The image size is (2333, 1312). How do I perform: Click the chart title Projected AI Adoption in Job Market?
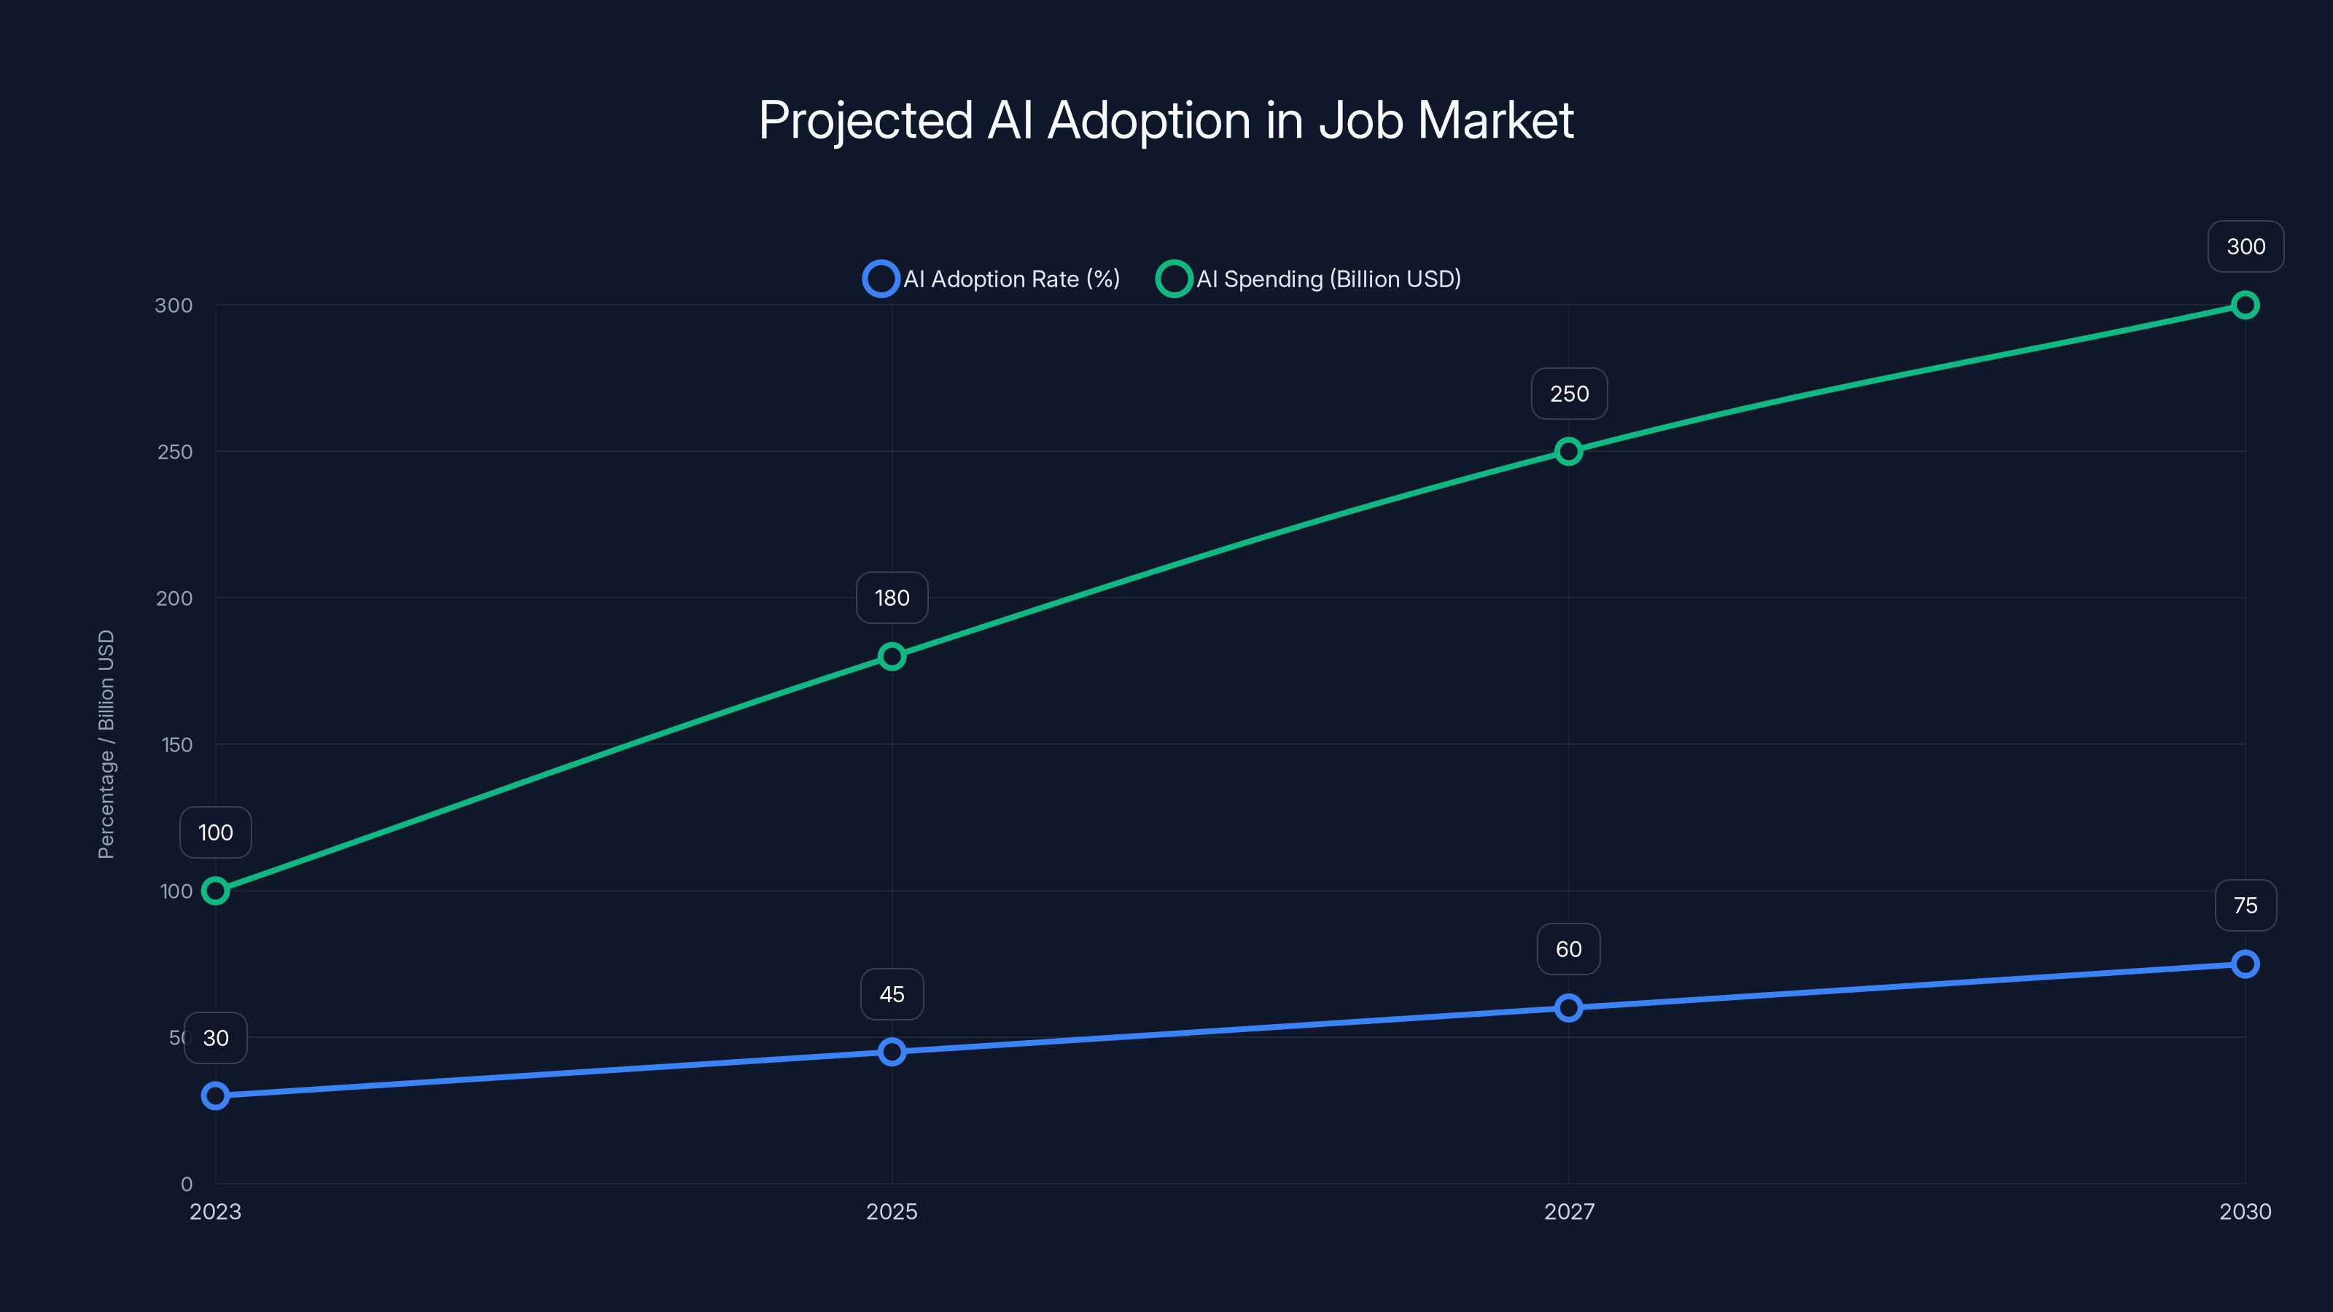pos(1166,120)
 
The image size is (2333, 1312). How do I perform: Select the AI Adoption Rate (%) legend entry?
pos(992,279)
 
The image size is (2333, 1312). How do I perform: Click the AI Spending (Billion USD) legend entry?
pos(1309,279)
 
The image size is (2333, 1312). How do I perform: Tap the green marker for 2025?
pos(892,657)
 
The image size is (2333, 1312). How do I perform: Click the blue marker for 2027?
pos(1569,1008)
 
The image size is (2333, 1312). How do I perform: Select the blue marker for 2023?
pos(216,1096)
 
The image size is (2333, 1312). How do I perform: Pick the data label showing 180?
pos(892,598)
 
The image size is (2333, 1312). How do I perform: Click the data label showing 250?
pos(1569,394)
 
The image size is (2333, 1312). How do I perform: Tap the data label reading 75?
pos(2246,905)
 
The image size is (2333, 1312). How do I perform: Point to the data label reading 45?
pos(892,994)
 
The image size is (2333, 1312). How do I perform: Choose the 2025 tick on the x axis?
pos(892,1211)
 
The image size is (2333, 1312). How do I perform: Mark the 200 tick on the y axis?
pos(175,598)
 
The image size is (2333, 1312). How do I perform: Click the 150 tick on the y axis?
pos(176,744)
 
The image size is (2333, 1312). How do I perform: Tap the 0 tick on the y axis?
pos(187,1184)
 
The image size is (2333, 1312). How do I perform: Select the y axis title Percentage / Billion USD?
pos(106,744)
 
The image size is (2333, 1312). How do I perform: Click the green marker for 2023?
pos(216,891)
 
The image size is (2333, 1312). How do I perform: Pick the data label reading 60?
pos(1569,949)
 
